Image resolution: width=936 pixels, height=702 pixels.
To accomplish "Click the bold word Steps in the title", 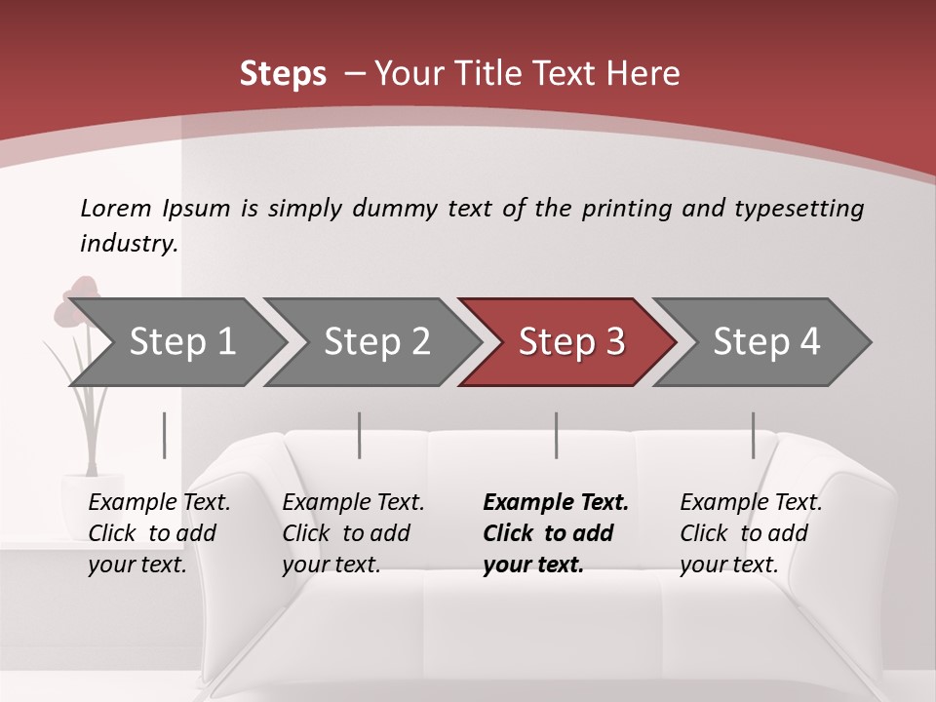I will pyautogui.click(x=283, y=74).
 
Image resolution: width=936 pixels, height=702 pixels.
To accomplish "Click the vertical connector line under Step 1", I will pyautogui.click(x=165, y=435).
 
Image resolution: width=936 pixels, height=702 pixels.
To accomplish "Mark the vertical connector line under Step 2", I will pyautogui.click(x=360, y=435).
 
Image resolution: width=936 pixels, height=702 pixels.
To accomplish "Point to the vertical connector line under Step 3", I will pyautogui.click(x=557, y=435).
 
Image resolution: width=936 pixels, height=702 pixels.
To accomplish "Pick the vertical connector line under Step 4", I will pyautogui.click(x=753, y=435).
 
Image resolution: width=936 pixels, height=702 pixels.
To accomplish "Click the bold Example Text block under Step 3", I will pyautogui.click(x=556, y=533).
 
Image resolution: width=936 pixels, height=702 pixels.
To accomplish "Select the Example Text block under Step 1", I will pyautogui.click(x=159, y=533).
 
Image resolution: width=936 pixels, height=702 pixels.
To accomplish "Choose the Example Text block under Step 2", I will pyautogui.click(x=353, y=533).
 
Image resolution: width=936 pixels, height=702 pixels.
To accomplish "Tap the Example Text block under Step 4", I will pyautogui.click(x=751, y=533).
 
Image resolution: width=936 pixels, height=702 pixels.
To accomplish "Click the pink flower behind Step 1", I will pyautogui.click(x=78, y=297).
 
